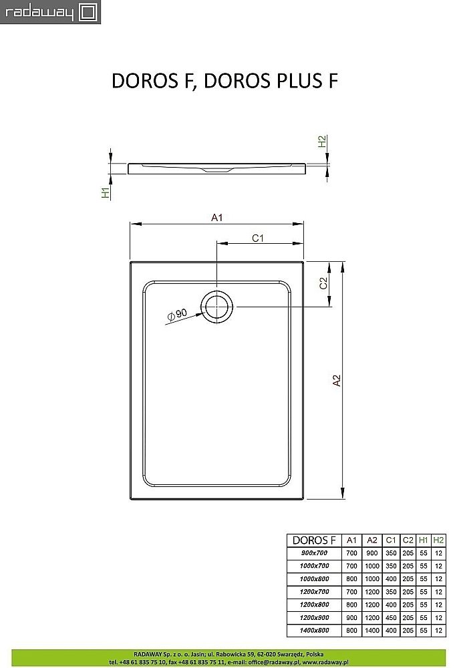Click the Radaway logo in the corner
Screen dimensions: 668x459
coord(50,12)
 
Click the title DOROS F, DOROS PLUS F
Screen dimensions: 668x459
coord(224,81)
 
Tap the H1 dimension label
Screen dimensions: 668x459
coord(105,193)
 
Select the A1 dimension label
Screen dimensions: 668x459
coord(216,217)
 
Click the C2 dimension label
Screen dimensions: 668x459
coord(323,283)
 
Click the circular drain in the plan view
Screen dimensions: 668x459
coord(218,307)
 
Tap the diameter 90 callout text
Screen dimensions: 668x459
coord(176,315)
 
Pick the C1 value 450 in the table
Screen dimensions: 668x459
coord(392,618)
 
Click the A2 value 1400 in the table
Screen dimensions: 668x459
coord(372,631)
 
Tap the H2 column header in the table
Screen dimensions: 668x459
coord(438,540)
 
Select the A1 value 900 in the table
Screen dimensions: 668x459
coord(351,618)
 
